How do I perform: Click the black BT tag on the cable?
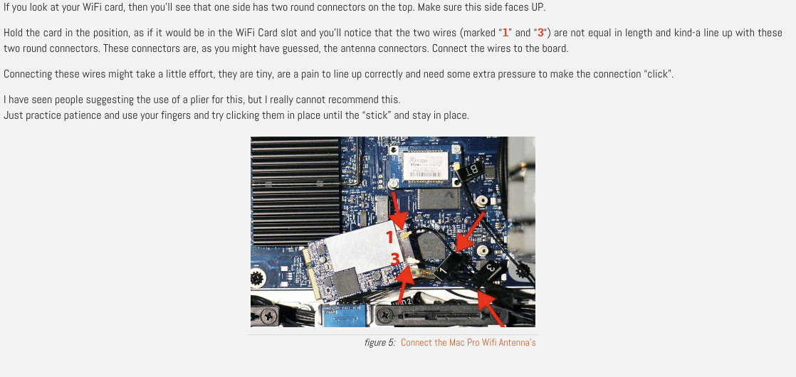pos(468,169)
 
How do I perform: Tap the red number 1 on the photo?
pos(390,238)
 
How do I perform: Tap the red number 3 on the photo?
pos(395,260)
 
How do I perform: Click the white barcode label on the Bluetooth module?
pos(426,166)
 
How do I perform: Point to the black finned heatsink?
pos(296,191)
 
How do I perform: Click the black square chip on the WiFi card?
pos(346,282)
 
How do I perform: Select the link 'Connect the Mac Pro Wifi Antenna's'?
pos(468,342)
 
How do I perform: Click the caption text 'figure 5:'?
pos(379,342)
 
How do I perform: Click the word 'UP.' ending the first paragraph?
pos(535,8)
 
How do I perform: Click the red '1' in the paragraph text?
pos(505,33)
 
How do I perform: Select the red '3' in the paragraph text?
pos(540,33)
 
